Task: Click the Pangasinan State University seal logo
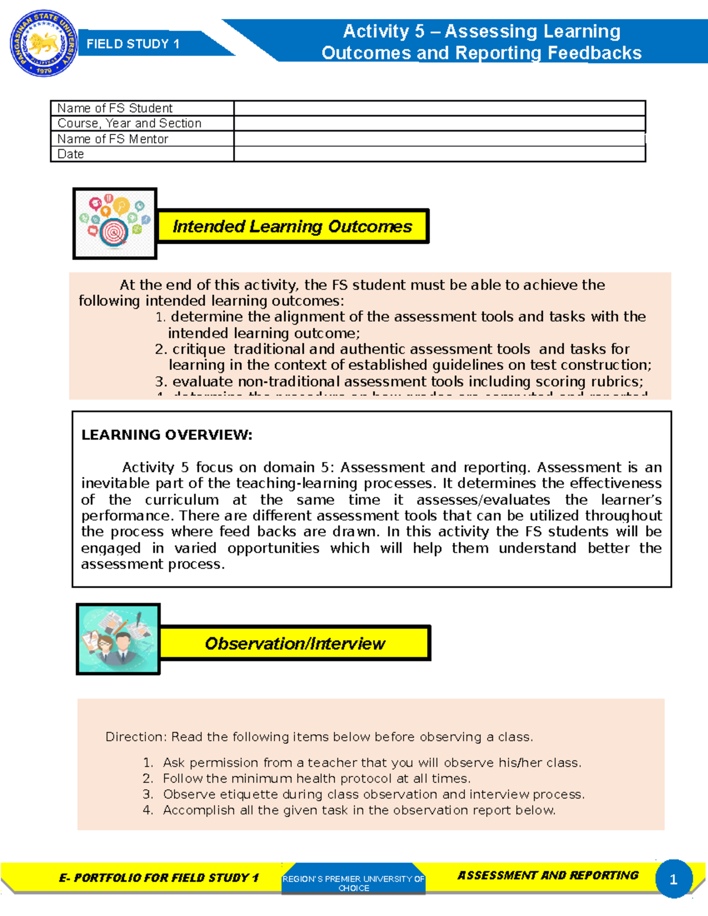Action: [x=43, y=44]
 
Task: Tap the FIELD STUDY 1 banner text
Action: [x=133, y=44]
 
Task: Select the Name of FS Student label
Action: [x=115, y=109]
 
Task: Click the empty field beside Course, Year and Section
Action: [x=440, y=123]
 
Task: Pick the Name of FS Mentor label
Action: [x=113, y=139]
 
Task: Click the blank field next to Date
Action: [x=440, y=154]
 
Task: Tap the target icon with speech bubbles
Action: [x=115, y=224]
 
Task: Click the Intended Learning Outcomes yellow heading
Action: [x=292, y=226]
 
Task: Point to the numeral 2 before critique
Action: [x=160, y=349]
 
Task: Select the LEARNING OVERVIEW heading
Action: [x=167, y=435]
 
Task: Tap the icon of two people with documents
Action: [x=119, y=639]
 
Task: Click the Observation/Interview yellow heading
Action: [x=294, y=644]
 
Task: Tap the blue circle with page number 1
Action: [x=673, y=879]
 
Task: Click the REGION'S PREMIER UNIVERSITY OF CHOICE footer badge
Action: [x=353, y=883]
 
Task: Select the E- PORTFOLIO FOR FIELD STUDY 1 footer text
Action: [x=159, y=878]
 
